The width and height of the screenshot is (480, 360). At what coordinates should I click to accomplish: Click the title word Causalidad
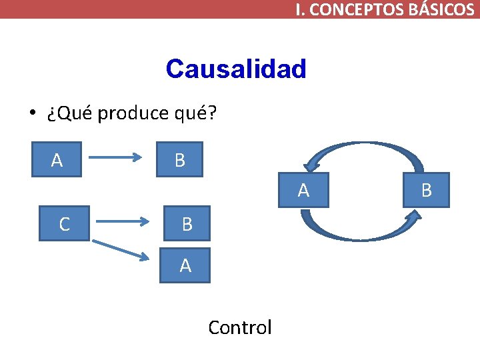(x=235, y=69)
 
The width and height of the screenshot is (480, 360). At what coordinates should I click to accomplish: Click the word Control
(x=240, y=327)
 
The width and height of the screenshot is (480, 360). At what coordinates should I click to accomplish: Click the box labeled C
(x=64, y=224)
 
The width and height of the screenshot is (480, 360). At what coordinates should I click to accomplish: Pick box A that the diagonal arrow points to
(x=185, y=265)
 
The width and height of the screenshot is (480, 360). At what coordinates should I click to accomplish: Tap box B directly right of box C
(x=187, y=224)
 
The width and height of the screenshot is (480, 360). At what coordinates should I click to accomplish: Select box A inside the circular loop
(x=303, y=191)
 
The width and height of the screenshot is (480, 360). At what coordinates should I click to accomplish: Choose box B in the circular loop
(x=427, y=191)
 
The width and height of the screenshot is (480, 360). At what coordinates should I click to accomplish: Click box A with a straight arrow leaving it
(x=57, y=160)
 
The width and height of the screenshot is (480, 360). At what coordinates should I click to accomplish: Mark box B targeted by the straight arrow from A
(x=179, y=160)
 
